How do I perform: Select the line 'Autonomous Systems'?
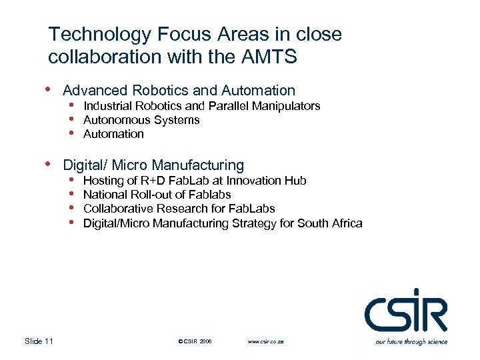(x=141, y=120)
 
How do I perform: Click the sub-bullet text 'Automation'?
(x=113, y=134)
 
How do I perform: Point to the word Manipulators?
(x=288, y=106)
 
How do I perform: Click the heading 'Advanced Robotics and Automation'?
(x=179, y=90)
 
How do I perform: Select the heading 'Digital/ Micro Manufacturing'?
(x=153, y=165)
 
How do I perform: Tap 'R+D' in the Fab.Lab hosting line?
(x=155, y=181)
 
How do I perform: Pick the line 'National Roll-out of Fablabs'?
(x=157, y=195)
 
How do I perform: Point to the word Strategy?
(x=254, y=223)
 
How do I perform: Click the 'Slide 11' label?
(x=39, y=341)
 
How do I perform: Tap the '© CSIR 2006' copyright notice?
(x=195, y=341)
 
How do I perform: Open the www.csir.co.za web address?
(x=265, y=341)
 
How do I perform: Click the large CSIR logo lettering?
(x=405, y=311)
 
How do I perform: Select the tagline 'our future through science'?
(x=411, y=341)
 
